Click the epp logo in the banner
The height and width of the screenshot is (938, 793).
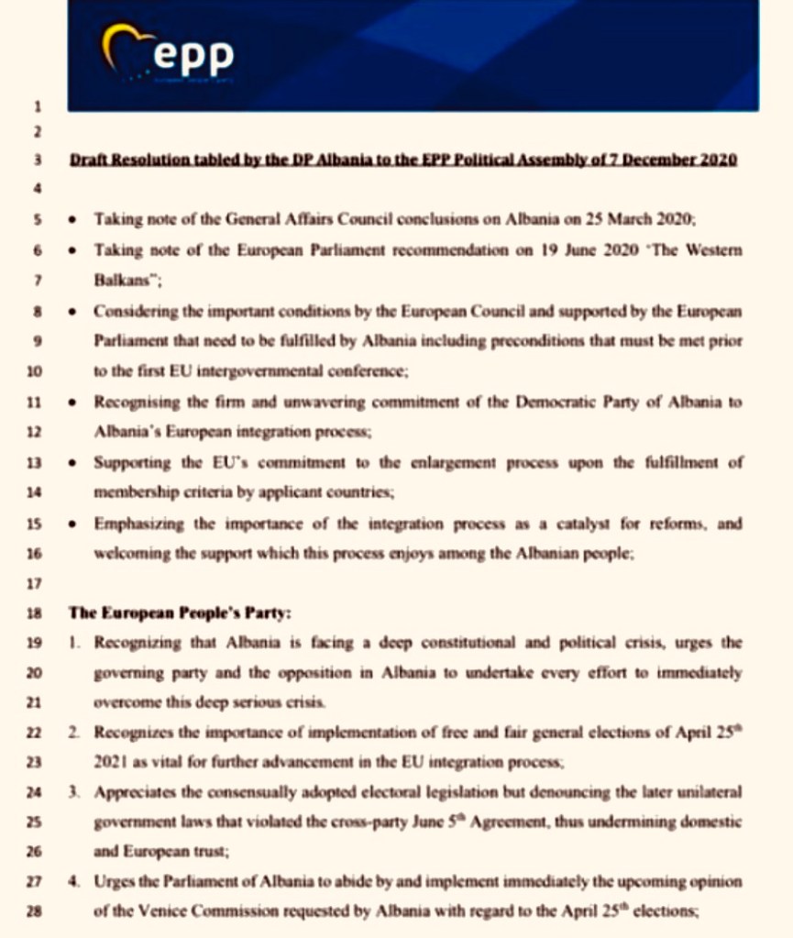tap(169, 56)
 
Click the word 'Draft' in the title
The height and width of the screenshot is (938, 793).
tap(89, 160)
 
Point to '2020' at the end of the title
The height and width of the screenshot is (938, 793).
tap(720, 160)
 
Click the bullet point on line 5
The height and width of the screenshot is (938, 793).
tap(75, 220)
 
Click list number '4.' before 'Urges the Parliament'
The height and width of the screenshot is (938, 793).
tap(75, 883)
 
